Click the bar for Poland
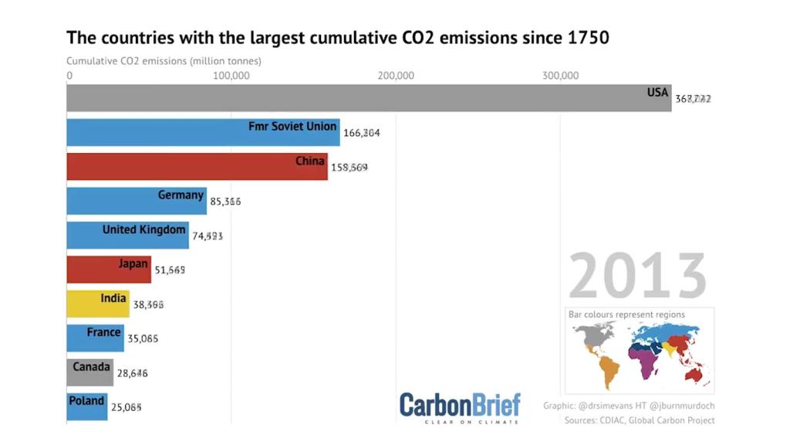point(86,407)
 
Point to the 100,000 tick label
point(230,75)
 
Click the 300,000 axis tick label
point(560,75)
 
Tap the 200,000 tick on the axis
point(395,75)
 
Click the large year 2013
point(637,277)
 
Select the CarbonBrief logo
point(460,406)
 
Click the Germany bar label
point(181,195)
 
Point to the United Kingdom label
point(143,229)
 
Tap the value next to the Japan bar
point(170,270)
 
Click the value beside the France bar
point(143,338)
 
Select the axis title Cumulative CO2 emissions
point(164,60)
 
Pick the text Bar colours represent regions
point(626,314)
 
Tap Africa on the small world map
point(645,361)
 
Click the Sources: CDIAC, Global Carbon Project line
point(639,420)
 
